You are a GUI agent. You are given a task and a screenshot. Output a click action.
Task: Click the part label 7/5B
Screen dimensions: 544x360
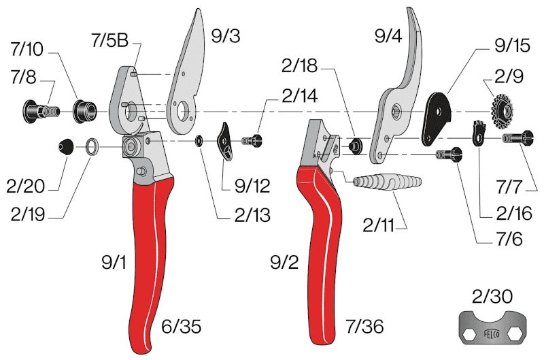109,40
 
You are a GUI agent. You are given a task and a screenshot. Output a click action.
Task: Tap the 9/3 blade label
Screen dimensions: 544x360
226,36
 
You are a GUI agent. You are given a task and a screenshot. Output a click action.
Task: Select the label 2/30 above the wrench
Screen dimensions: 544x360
492,297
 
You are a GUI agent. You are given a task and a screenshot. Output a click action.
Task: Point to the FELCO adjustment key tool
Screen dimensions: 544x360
492,327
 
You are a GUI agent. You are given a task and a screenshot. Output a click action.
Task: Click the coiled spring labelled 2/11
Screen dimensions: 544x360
387,182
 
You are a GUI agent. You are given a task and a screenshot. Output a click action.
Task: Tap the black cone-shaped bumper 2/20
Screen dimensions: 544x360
65,146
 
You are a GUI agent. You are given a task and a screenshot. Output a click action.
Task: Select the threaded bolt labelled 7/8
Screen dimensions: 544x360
41,112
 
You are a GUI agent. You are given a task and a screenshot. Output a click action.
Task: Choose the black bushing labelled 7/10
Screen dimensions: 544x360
84,111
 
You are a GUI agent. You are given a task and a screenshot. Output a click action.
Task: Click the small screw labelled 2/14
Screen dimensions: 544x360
252,141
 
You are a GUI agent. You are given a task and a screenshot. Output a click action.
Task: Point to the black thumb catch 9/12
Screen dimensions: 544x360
225,142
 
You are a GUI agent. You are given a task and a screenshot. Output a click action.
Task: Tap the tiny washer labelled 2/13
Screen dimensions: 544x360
199,141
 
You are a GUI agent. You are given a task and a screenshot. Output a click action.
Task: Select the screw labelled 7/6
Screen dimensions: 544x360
449,154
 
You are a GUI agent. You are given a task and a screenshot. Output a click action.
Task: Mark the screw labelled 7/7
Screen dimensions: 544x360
517,139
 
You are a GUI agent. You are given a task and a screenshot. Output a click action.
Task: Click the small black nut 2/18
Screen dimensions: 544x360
355,146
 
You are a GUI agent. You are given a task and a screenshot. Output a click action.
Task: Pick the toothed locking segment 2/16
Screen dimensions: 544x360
479,133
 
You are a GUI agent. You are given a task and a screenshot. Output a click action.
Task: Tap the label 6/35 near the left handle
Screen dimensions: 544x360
181,327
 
